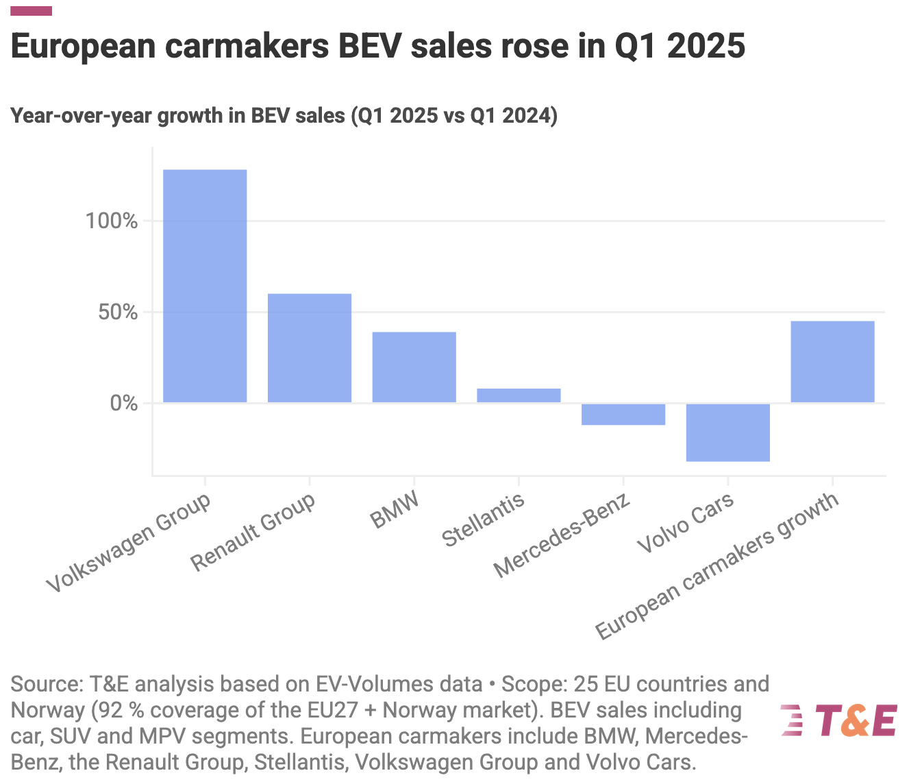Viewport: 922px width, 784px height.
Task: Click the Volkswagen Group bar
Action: [205, 286]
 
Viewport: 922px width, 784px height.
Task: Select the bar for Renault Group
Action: [310, 348]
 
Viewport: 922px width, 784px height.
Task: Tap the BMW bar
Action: [414, 367]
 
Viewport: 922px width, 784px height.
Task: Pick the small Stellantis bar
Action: [519, 395]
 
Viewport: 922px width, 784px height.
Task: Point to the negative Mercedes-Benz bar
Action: [623, 415]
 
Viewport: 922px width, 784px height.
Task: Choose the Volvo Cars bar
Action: [728, 432]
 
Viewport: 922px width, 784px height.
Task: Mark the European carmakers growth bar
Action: [832, 362]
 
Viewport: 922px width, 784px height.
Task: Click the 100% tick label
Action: [112, 221]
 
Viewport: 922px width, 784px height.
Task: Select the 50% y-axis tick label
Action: [118, 313]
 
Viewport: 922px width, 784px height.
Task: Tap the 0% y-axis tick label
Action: [124, 403]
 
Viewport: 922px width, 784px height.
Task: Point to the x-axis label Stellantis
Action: [484, 520]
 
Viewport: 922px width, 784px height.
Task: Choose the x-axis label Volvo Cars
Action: [685, 523]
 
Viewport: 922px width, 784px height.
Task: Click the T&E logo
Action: [839, 721]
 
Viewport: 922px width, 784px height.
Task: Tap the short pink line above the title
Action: [32, 11]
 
